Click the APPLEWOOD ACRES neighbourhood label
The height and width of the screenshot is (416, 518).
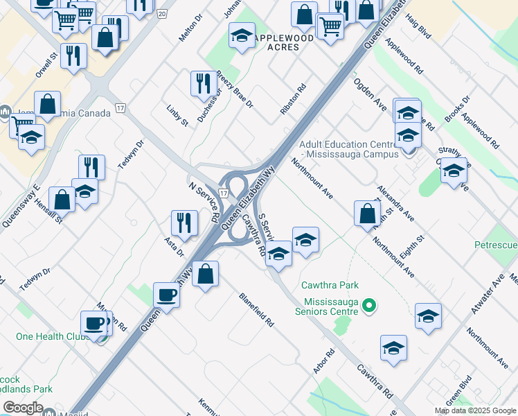(x=283, y=42)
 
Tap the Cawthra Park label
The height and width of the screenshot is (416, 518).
(x=330, y=285)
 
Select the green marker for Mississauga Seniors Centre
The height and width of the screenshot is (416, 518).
(x=369, y=304)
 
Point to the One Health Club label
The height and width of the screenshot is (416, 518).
(x=48, y=336)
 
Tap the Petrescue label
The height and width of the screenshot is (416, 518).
(x=495, y=245)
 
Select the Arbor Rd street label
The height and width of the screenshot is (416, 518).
(x=323, y=361)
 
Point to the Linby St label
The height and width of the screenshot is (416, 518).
(x=177, y=115)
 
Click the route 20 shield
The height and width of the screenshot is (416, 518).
(x=161, y=14)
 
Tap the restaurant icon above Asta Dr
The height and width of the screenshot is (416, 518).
(x=183, y=222)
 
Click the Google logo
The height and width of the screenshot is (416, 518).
(x=23, y=408)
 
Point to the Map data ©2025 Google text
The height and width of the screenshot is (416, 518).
(x=474, y=410)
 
